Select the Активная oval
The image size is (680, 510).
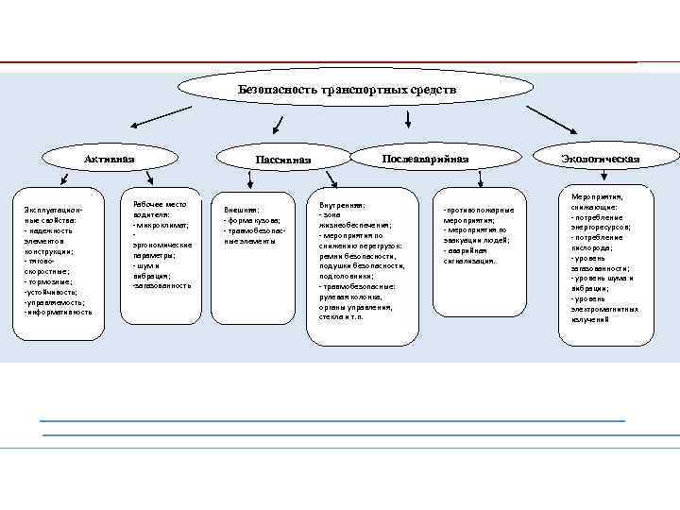(109, 158)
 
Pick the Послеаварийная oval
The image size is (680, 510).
(424, 158)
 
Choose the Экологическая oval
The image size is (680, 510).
(600, 158)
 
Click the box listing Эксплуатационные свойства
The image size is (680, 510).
(54, 265)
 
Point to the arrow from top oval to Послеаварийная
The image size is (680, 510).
(407, 118)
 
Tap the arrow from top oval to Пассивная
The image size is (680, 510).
(280, 123)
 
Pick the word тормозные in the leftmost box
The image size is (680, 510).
(48, 281)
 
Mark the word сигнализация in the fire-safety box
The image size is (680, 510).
(469, 261)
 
